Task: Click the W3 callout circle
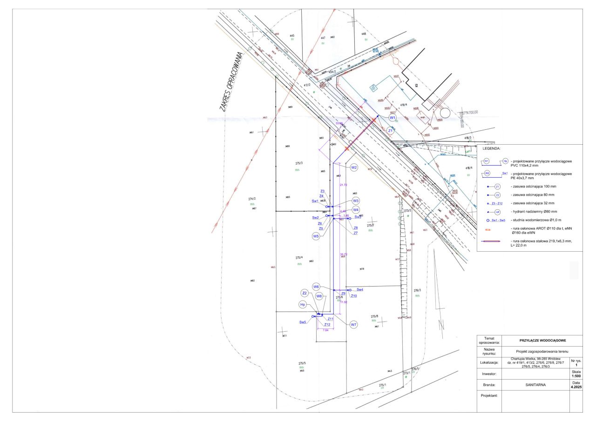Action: coord(356,201)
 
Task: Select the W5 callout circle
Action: coord(316,236)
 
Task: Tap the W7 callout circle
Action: coord(354,324)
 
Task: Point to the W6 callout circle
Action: coord(316,287)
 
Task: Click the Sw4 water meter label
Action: coord(360,290)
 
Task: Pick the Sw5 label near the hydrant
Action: coord(303,322)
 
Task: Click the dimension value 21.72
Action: coord(344,185)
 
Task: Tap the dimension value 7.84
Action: coord(325,330)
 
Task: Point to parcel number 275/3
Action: coord(299,163)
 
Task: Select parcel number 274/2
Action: coord(252,199)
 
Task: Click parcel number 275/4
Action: coord(299,258)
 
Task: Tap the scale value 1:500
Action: coord(576,377)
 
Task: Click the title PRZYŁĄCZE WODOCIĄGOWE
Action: coord(535,341)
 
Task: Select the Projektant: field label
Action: coord(489,395)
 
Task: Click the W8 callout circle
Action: coord(319,296)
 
